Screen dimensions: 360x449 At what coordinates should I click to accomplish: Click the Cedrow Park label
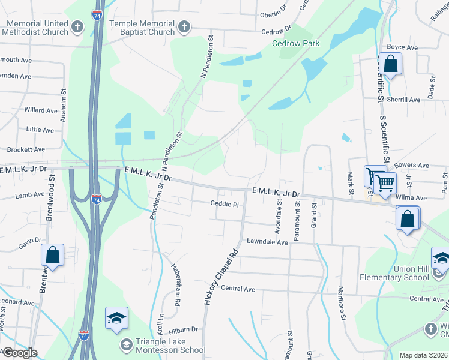click(x=295, y=43)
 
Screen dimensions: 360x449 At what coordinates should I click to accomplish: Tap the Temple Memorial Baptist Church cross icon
click(x=184, y=27)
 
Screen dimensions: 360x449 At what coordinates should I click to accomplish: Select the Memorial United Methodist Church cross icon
click(x=77, y=27)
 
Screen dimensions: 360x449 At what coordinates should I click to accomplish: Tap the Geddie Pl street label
click(x=224, y=204)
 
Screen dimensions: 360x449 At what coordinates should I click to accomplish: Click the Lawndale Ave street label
click(x=268, y=241)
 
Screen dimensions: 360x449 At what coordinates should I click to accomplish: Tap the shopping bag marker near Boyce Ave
click(x=390, y=64)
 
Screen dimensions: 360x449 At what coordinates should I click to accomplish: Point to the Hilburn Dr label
click(x=183, y=329)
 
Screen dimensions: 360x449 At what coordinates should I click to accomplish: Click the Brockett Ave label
click(x=26, y=149)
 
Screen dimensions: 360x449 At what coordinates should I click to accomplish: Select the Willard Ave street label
click(x=41, y=110)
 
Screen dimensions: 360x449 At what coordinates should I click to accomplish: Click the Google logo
click(x=19, y=352)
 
